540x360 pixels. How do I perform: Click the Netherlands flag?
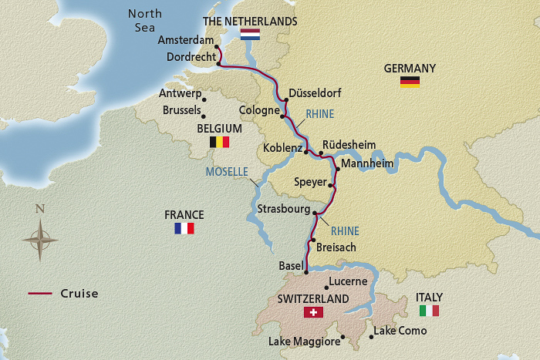250,35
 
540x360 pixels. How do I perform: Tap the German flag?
410,82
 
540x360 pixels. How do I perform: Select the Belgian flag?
220,142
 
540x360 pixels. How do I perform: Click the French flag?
184,228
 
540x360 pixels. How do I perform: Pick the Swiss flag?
313,312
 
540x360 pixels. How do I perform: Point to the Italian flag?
429,311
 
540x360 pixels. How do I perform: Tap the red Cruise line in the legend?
40,294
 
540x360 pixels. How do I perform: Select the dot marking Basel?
306,271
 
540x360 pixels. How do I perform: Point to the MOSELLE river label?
227,171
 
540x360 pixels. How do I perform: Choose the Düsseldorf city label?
314,93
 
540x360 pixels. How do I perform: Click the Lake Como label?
399,331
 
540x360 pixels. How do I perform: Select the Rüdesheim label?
348,143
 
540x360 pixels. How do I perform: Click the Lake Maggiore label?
304,341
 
